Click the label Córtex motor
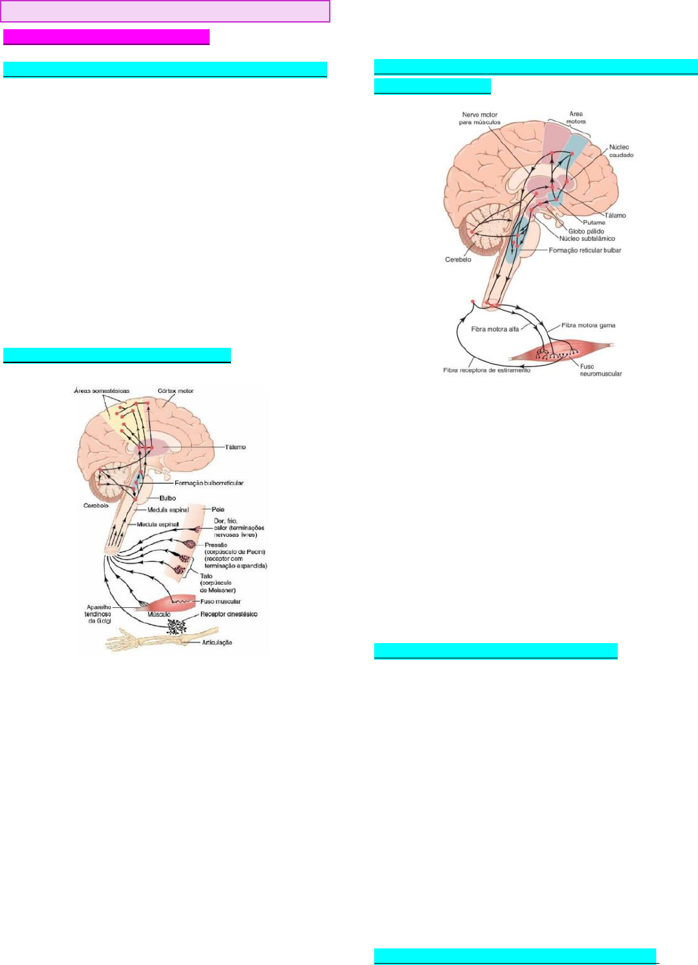176,391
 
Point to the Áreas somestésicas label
102,391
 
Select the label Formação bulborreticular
209,483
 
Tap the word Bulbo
167,498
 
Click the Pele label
218,510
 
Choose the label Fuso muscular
220,601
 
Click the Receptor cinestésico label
229,615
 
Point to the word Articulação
217,642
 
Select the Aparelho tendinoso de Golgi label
98,614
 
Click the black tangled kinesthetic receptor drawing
176,625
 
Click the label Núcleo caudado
621,151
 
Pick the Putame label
594,222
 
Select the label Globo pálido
586,231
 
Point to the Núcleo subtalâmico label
587,238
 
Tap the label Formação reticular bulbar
585,250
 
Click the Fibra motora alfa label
495,329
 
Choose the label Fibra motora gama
588,325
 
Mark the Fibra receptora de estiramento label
486,370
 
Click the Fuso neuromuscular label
600,370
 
